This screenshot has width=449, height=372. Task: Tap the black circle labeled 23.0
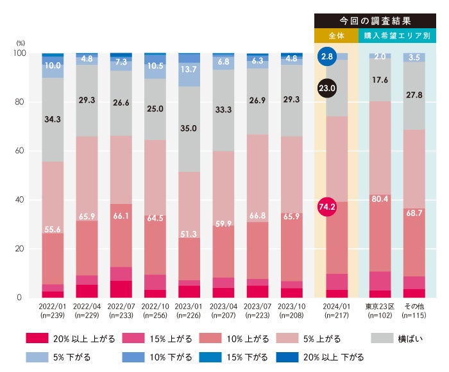tap(327, 89)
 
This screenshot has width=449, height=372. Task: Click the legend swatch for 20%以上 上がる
tap(38, 339)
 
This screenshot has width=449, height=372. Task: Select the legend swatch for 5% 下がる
tap(38, 357)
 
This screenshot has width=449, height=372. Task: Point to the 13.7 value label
tap(189, 69)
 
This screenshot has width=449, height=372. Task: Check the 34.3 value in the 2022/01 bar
tap(53, 119)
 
